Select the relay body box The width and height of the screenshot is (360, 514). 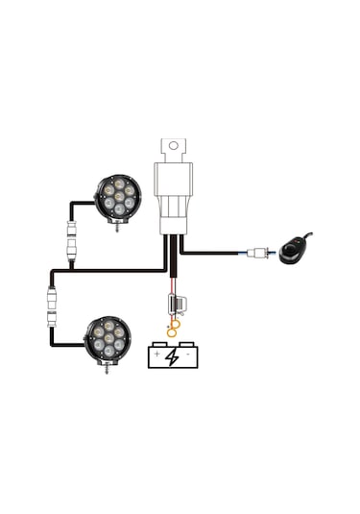tap(173, 192)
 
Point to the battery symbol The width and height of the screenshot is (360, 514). tap(173, 356)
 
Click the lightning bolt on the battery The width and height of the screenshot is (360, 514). tap(173, 357)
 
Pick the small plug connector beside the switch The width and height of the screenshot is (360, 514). tap(255, 254)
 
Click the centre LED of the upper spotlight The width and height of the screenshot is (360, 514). tap(118, 196)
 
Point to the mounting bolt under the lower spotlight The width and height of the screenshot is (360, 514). tap(106, 368)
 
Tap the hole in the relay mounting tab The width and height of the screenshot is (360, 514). tap(173, 148)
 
